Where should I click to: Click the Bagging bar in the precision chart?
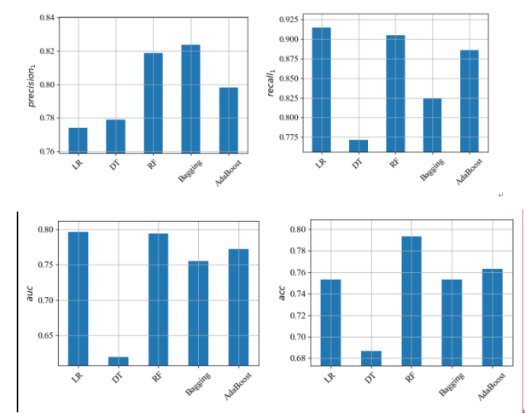click(190, 99)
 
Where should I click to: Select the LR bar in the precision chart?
click(78, 140)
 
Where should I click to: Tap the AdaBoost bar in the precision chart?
click(228, 119)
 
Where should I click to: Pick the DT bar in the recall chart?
click(359, 145)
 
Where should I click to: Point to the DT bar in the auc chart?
click(118, 361)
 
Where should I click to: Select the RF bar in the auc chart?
click(158, 299)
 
